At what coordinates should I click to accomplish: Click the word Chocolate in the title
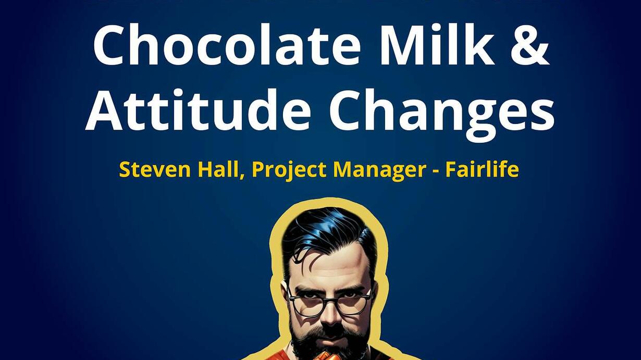click(x=227, y=44)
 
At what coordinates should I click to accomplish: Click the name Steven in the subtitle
click(x=155, y=169)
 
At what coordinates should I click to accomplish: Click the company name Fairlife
click(x=482, y=169)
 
